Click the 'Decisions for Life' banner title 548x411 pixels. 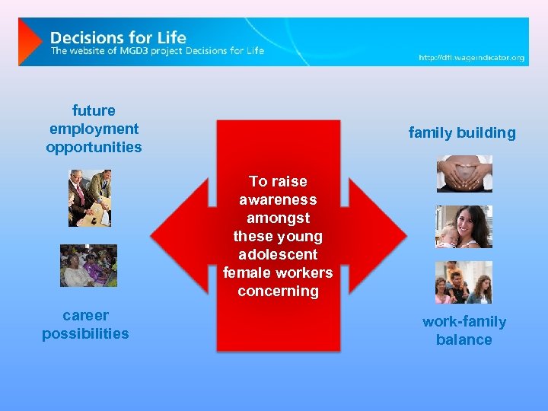pos(118,37)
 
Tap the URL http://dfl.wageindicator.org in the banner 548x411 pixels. pos(471,58)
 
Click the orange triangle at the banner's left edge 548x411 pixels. pos(29,41)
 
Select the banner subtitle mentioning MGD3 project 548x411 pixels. pos(158,51)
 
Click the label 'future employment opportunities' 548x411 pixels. pos(94,129)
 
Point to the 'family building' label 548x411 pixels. pos(462,132)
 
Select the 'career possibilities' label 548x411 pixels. pos(85,324)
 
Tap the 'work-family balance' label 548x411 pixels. pos(464,330)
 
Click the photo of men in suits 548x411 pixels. pos(90,198)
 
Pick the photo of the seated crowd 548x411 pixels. pos(89,266)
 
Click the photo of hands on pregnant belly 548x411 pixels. pos(464,174)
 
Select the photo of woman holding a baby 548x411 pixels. pos(464,227)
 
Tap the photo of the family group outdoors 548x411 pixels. pos(464,282)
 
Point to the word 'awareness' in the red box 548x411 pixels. pos(278,199)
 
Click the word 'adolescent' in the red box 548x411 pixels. pos(278,254)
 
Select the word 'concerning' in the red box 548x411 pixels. pos(278,291)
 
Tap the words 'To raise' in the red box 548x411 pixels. pos(278,181)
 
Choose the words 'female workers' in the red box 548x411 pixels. pos(278,272)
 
